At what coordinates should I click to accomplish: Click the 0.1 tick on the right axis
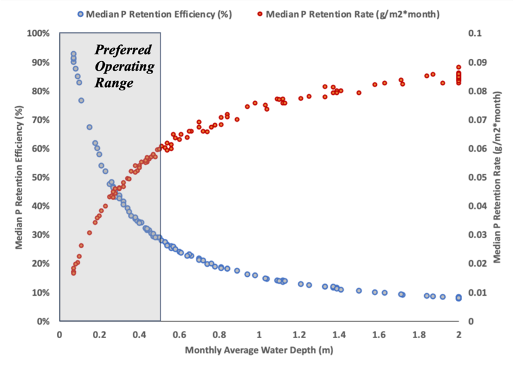(475, 33)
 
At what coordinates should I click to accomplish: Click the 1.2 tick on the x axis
(300, 334)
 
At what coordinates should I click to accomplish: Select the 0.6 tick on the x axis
(180, 334)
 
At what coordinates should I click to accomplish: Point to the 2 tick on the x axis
(459, 334)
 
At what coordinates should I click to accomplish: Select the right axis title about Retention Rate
(498, 177)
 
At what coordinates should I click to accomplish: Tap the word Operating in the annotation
(124, 66)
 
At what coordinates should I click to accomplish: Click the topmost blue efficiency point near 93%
(73, 54)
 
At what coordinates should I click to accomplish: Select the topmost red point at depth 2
(459, 67)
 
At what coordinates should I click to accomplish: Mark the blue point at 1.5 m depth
(359, 291)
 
